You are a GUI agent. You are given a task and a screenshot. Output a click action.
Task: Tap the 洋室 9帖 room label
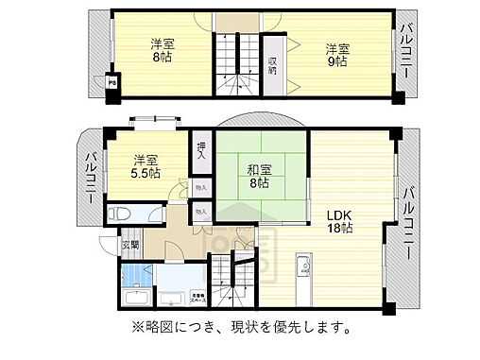point(337,55)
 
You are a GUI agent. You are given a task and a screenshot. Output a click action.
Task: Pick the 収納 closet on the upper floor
point(272,66)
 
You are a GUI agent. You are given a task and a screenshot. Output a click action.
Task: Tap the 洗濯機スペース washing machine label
point(199,295)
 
